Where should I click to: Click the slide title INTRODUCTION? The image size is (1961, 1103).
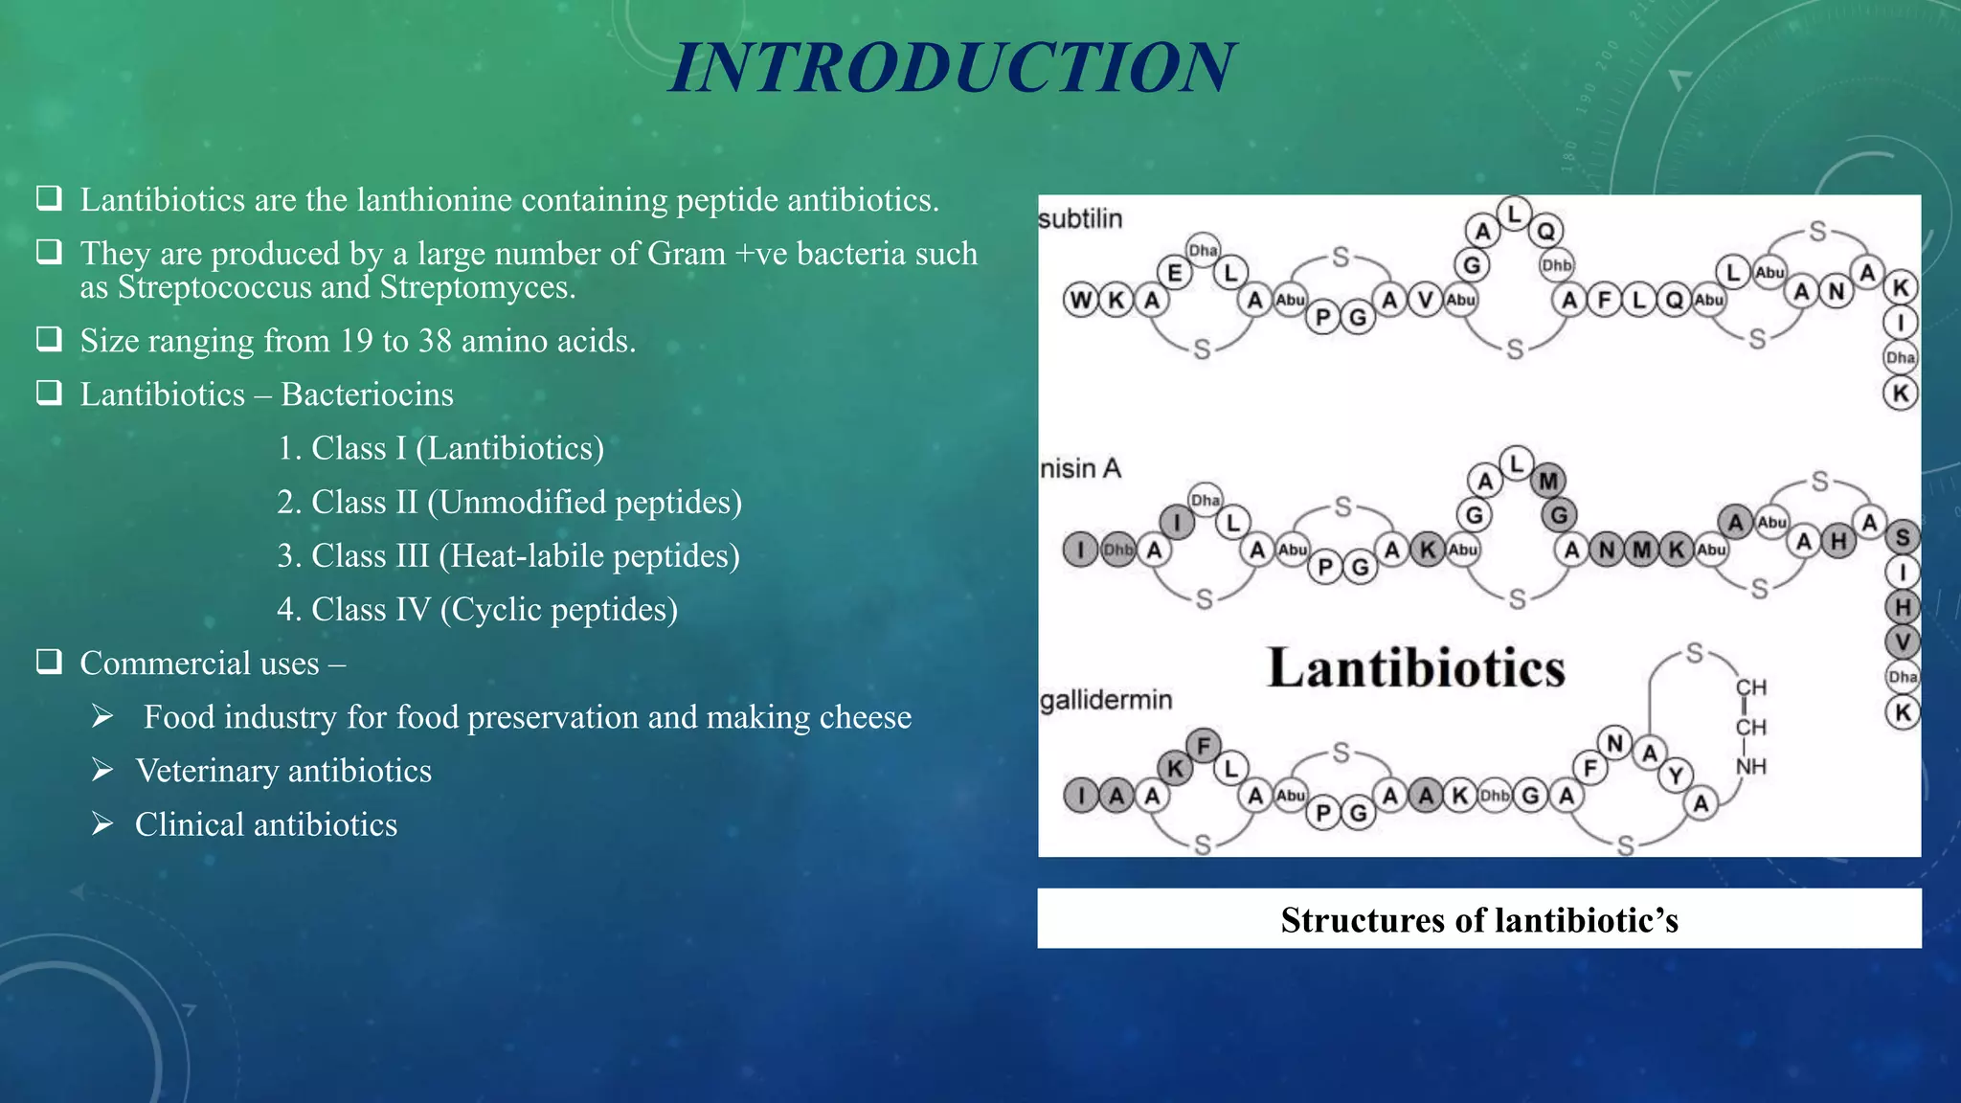pyautogui.click(x=952, y=68)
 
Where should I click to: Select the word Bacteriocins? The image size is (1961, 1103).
pyautogui.click(x=367, y=394)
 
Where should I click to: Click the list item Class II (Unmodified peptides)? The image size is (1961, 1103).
pyautogui.click(x=509, y=502)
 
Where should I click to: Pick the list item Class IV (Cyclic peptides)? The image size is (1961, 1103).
pyautogui.click(x=477, y=609)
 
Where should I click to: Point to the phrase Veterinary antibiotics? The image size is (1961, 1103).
pyautogui.click(x=283, y=771)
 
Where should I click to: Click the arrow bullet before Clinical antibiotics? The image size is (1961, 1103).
pyautogui.click(x=102, y=823)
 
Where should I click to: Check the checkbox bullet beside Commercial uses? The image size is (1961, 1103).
pyautogui.click(x=49, y=662)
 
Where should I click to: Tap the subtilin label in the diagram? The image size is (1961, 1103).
pyautogui.click(x=1080, y=219)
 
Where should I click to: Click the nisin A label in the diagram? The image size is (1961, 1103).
pyautogui.click(x=1080, y=468)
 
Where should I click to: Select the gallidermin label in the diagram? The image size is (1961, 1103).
pyautogui.click(x=1106, y=700)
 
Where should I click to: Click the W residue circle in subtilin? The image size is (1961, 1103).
pyautogui.click(x=1080, y=301)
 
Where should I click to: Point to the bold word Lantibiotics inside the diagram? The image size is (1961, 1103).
pyautogui.click(x=1416, y=668)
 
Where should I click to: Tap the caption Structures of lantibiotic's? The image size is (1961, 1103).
pyautogui.click(x=1479, y=920)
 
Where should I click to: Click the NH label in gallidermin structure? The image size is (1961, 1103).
pyautogui.click(x=1750, y=766)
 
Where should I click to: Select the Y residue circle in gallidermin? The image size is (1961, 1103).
pyautogui.click(x=1676, y=775)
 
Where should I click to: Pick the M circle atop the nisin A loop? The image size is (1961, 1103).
pyautogui.click(x=1548, y=481)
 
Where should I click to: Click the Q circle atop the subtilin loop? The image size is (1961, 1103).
pyautogui.click(x=1545, y=231)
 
